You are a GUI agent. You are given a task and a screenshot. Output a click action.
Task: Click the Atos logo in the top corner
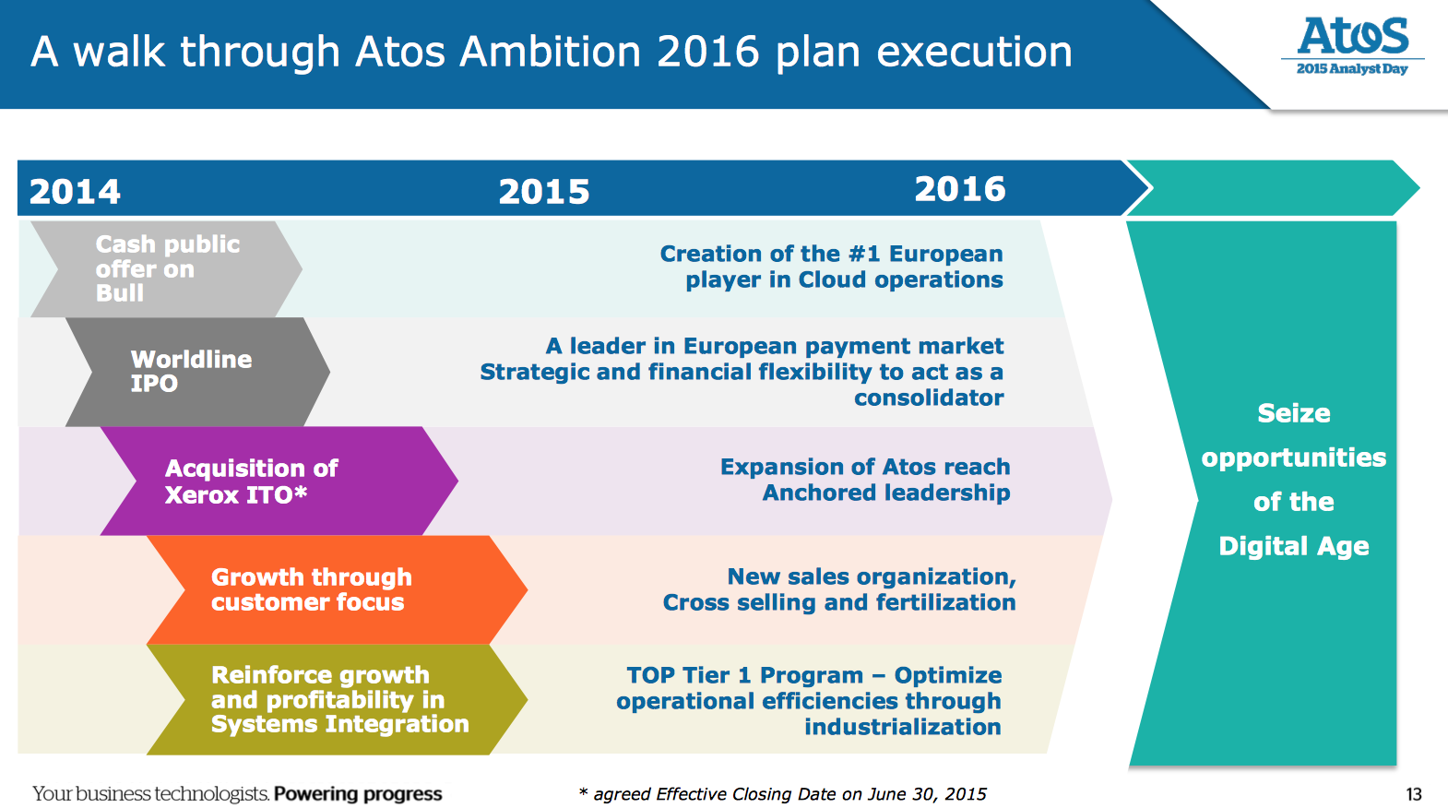1352,46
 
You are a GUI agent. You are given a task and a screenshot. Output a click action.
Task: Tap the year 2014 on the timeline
75,192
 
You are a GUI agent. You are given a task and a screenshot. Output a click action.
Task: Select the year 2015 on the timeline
544,192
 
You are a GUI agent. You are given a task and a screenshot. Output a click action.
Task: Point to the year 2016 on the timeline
960,189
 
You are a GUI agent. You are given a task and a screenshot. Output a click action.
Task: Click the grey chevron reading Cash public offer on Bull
167,269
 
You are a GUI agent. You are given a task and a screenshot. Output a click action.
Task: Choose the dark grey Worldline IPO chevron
197,372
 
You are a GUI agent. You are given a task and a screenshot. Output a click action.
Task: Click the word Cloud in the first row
833,279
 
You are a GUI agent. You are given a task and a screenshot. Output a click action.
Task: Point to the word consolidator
929,398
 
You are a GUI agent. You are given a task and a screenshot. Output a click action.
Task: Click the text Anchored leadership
886,493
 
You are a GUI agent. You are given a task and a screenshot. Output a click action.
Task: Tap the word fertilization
945,602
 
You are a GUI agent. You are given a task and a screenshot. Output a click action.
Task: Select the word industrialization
903,727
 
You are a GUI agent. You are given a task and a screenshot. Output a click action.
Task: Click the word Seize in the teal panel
1293,414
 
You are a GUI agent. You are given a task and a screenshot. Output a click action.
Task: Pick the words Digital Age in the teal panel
1293,547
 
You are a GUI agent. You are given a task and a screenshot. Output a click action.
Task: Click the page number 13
1414,794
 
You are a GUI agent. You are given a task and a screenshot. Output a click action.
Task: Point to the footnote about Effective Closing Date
783,794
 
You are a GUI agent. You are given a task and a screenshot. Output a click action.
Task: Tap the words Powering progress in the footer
358,794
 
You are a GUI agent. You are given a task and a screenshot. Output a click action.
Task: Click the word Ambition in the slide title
550,52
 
